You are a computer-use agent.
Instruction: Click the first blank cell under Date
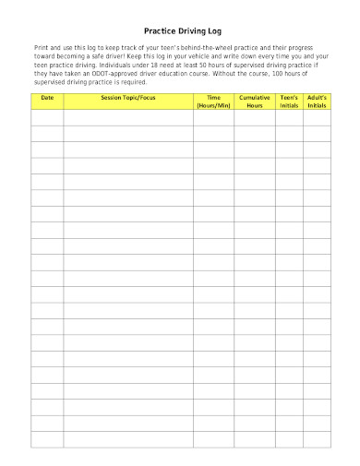47,117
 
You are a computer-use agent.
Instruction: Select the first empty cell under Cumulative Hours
255,117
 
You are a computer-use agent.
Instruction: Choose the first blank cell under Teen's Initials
289,117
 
